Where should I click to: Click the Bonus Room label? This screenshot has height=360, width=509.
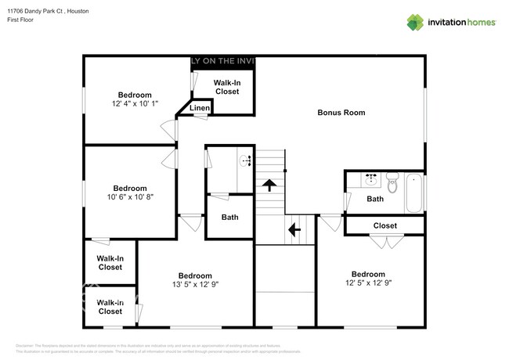tap(341, 113)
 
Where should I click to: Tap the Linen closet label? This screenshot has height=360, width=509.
tap(200, 108)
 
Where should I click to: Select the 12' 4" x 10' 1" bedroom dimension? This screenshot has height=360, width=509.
tap(135, 103)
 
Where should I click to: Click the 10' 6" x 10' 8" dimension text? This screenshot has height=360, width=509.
tap(130, 197)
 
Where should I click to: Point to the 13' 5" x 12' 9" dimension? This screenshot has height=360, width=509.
tap(194, 285)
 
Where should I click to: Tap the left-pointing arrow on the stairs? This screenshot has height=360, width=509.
tap(294, 230)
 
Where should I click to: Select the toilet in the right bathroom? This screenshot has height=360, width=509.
tap(392, 183)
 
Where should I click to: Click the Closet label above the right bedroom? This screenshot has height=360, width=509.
tap(384, 225)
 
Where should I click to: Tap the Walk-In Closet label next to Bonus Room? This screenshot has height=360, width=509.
tap(226, 87)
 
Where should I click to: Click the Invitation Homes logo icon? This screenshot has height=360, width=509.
tap(414, 22)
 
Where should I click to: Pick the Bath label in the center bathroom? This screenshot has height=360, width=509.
tap(229, 218)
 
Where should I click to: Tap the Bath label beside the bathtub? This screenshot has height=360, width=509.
tap(375, 200)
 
